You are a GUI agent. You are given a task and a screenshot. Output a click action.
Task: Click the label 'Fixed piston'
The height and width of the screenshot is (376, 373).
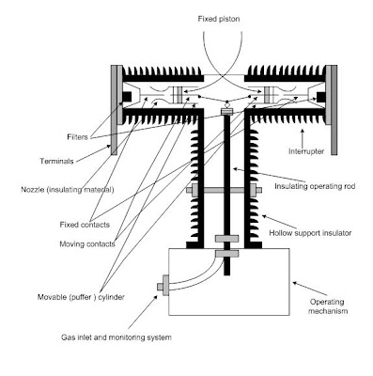click(x=219, y=19)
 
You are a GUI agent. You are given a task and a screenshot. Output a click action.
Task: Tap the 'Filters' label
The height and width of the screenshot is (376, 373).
click(x=77, y=137)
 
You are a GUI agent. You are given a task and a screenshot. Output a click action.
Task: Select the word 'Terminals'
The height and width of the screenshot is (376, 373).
click(x=56, y=162)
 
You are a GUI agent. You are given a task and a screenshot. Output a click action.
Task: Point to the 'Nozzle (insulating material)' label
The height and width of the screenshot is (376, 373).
click(x=68, y=190)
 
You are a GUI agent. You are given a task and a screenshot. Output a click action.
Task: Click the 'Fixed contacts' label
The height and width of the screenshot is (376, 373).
click(x=85, y=225)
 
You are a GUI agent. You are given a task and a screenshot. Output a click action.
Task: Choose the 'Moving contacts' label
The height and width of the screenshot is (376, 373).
click(x=87, y=243)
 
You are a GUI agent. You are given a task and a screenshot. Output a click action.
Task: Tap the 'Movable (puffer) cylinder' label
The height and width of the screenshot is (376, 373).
click(x=81, y=297)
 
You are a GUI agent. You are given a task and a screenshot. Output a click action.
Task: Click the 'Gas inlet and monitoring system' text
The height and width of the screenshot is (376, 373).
click(x=117, y=337)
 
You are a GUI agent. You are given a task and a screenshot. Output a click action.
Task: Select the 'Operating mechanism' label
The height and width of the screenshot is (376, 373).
click(x=327, y=306)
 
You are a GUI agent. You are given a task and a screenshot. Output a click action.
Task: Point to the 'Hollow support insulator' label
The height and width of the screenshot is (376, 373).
click(x=310, y=233)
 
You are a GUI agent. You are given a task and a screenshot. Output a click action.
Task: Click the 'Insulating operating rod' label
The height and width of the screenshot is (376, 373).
click(x=315, y=186)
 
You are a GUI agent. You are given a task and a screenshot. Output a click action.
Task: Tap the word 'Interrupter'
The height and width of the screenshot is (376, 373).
click(x=306, y=151)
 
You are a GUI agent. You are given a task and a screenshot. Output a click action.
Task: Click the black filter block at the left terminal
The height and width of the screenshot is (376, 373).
click(x=127, y=96)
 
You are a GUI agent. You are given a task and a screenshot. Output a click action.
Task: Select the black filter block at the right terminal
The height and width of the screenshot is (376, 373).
click(x=321, y=97)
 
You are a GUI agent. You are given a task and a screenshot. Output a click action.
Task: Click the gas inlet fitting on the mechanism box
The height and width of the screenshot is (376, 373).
click(x=163, y=286)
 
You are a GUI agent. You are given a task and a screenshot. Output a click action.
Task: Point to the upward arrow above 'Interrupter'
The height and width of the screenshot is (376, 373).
click(x=303, y=137)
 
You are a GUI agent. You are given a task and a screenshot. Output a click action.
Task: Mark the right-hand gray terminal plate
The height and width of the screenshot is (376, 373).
click(x=334, y=110)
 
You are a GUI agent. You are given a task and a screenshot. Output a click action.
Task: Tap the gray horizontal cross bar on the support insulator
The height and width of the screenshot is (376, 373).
click(x=224, y=190)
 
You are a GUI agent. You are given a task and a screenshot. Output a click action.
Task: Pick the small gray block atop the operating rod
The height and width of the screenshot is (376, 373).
click(x=227, y=111)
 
